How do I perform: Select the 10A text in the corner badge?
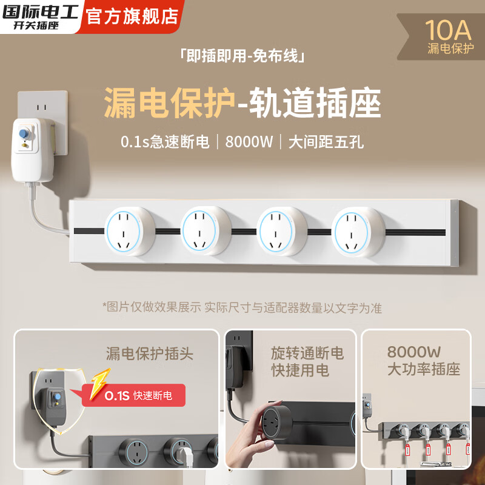click(x=449, y=28)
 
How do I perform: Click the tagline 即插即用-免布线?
click(x=242, y=57)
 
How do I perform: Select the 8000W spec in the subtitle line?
click(x=249, y=142)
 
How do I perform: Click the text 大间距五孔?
click(x=326, y=142)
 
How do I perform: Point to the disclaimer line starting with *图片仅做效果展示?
click(x=242, y=307)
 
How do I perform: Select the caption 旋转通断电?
click(x=307, y=353)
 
